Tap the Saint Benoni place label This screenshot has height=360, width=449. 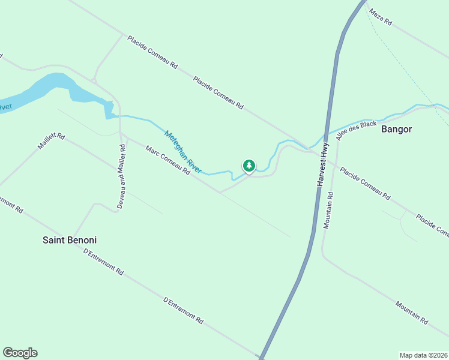[x=69, y=240]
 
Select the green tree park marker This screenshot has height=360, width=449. [x=249, y=166]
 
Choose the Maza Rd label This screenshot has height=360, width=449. [x=380, y=17]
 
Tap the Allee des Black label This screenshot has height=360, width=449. [x=357, y=130]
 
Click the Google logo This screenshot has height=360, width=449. [x=20, y=353]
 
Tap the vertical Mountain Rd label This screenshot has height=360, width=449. [x=328, y=210]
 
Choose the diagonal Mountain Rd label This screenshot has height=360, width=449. [x=411, y=313]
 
